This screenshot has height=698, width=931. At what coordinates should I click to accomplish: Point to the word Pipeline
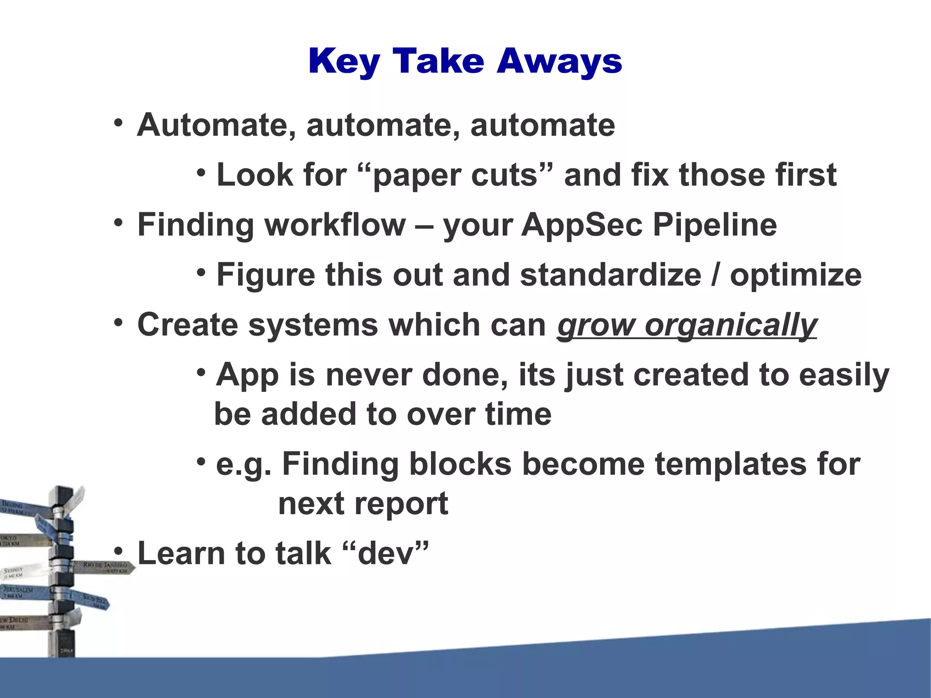click(x=715, y=226)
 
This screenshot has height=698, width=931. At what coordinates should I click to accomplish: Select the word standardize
click(x=611, y=275)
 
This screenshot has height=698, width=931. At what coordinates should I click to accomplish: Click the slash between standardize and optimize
click(x=716, y=275)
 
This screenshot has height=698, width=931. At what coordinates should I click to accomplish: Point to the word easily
click(x=844, y=376)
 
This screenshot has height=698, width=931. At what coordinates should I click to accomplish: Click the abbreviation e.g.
click(x=243, y=465)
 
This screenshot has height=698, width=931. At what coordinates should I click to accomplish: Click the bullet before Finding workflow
click(x=119, y=223)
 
